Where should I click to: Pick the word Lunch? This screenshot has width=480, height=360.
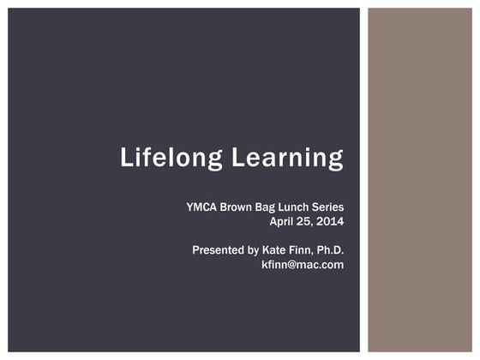[302, 207]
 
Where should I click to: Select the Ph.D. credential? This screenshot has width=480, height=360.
[331, 250]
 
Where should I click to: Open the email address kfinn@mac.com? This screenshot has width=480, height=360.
[303, 264]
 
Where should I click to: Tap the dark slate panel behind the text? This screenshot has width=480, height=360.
[129, 77]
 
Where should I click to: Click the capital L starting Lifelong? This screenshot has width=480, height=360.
[126, 159]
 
